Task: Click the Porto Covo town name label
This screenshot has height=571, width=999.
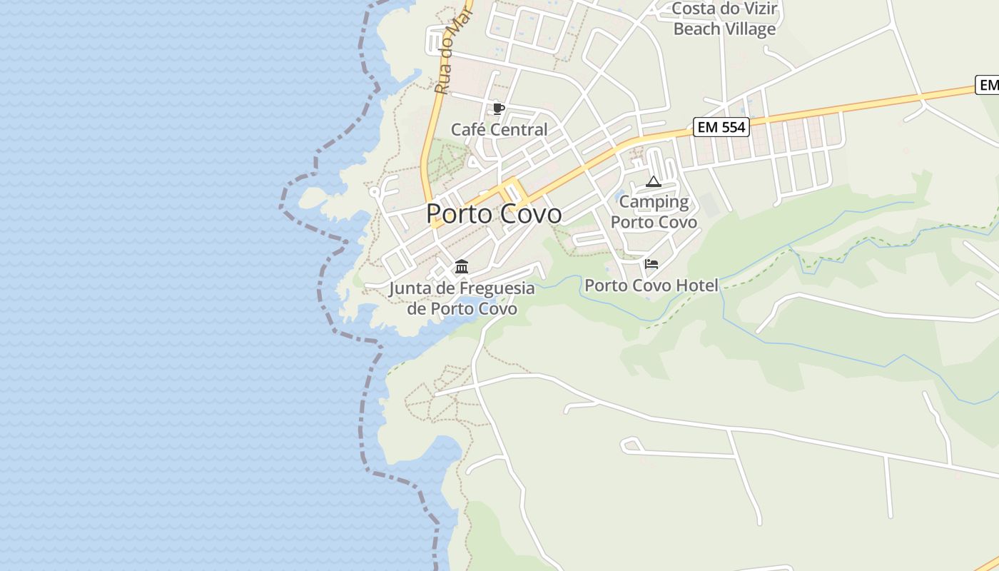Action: pyautogui.click(x=494, y=213)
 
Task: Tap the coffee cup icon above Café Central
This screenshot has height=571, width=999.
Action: pyautogui.click(x=498, y=108)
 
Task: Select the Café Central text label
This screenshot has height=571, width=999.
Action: pyautogui.click(x=499, y=130)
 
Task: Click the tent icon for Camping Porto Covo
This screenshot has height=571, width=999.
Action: pyautogui.click(x=654, y=181)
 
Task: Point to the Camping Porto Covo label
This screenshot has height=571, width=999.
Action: pyautogui.click(x=654, y=212)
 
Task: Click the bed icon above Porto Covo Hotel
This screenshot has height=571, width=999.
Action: pyautogui.click(x=651, y=264)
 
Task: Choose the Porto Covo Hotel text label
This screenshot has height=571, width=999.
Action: pyautogui.click(x=651, y=285)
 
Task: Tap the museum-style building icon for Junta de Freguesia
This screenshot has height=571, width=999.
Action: pyautogui.click(x=462, y=267)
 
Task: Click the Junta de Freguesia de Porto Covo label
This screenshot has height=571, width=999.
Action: pyautogui.click(x=462, y=298)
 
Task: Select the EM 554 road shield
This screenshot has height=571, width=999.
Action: pyautogui.click(x=721, y=128)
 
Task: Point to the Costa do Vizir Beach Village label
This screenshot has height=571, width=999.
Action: pyautogui.click(x=724, y=19)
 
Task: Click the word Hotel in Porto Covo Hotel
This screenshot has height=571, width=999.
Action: pyautogui.click(x=697, y=285)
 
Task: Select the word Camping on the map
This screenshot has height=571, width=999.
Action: pyautogui.click(x=654, y=202)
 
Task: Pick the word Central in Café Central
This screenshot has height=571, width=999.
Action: pyautogui.click(x=520, y=130)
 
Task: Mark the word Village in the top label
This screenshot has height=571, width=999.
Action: pyautogui.click(x=748, y=29)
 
